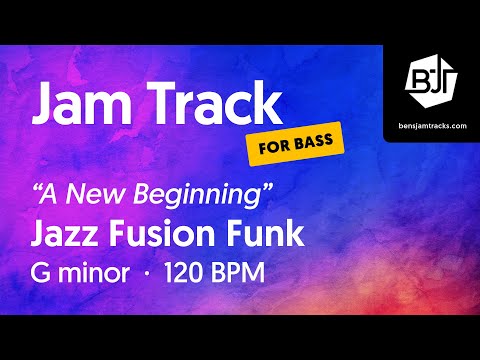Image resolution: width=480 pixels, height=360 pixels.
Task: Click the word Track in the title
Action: (x=211, y=103)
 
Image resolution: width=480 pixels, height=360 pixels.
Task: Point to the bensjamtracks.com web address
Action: (x=431, y=126)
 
